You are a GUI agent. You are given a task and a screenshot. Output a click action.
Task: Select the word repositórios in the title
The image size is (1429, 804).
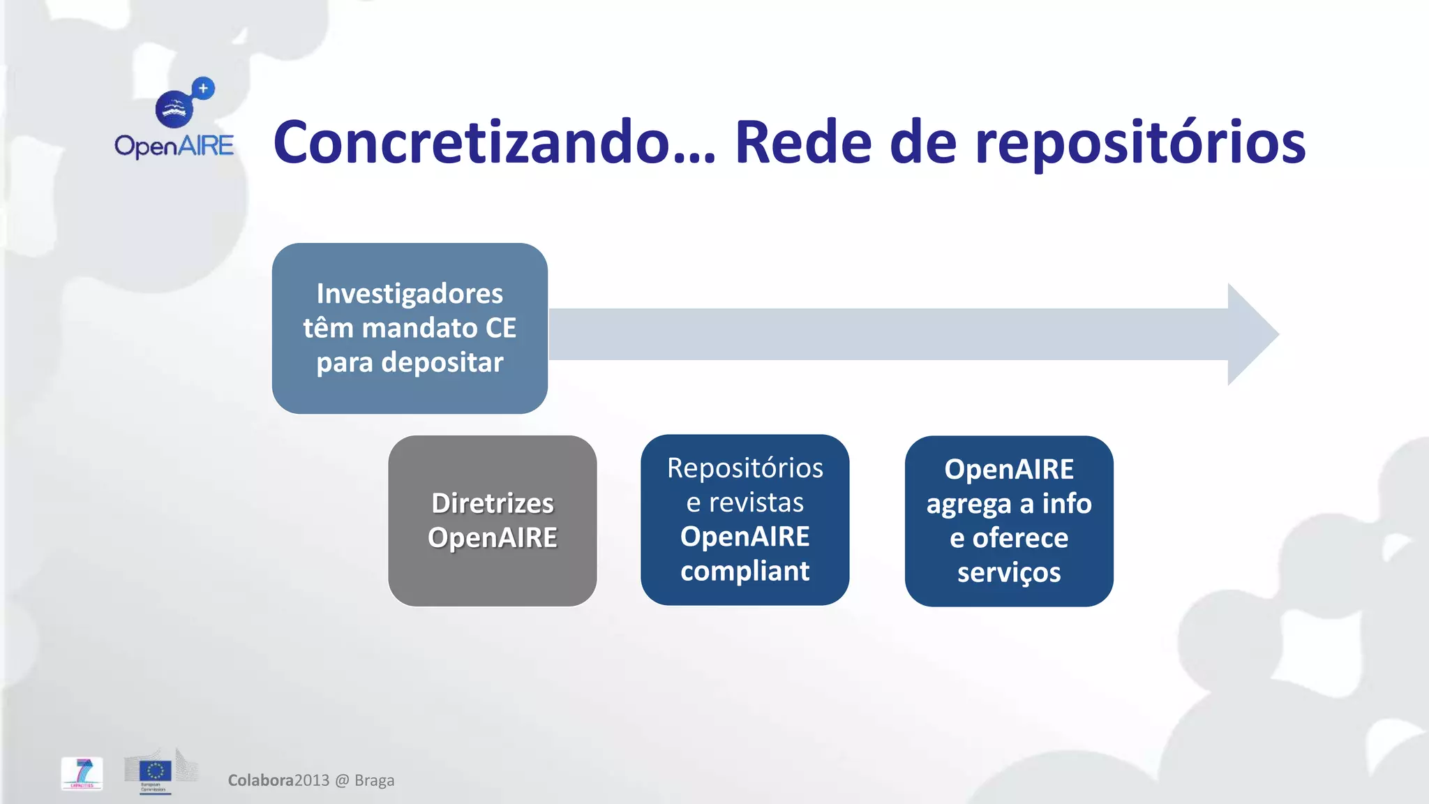click(1140, 144)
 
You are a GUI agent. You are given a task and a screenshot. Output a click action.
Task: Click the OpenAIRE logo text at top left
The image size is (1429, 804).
click(174, 146)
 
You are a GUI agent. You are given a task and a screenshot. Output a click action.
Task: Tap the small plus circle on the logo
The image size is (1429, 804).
click(203, 89)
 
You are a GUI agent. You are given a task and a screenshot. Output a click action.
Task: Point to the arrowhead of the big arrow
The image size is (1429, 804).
click(1252, 334)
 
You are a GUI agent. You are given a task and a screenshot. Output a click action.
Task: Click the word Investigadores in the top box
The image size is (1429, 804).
click(410, 294)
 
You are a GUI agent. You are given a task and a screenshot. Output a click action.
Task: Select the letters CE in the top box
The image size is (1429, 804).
click(500, 328)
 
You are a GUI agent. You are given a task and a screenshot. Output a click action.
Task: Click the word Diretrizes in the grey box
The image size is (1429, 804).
click(493, 503)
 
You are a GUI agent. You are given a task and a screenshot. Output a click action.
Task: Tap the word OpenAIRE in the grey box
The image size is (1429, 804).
click(493, 537)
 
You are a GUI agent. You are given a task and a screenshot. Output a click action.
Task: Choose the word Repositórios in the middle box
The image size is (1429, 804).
click(745, 468)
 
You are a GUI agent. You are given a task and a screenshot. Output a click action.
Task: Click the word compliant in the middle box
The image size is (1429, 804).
click(745, 571)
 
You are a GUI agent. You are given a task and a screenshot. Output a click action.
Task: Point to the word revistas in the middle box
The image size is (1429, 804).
click(756, 502)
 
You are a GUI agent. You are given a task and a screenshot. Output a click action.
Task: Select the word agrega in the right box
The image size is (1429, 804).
click(968, 505)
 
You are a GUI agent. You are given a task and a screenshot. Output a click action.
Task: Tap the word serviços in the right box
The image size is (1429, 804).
click(1009, 572)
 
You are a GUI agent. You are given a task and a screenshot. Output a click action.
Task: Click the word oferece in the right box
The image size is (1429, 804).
click(1020, 538)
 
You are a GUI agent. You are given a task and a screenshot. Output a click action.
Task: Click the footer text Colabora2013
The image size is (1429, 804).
click(278, 780)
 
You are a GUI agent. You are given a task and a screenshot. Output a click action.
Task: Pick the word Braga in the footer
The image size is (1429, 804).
click(375, 780)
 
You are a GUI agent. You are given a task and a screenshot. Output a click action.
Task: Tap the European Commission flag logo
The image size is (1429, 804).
click(155, 771)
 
